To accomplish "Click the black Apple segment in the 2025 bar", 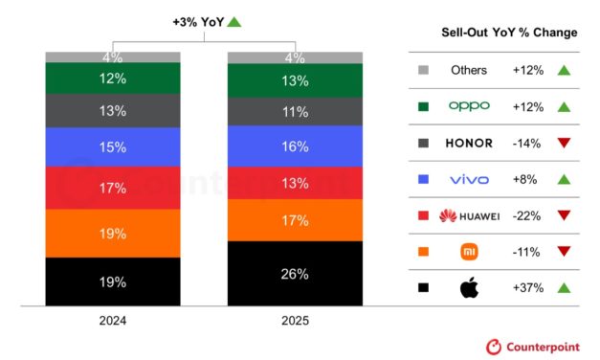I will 295,274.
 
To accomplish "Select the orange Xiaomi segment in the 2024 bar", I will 113,233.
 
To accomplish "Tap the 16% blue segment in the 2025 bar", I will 295,146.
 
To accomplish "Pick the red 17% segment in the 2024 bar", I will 113,188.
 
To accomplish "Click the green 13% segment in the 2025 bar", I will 295,80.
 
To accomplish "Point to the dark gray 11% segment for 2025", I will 295,111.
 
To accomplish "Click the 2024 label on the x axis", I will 113,321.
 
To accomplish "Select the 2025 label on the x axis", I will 295,321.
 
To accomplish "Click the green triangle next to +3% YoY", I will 234,21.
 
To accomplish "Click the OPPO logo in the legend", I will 469,106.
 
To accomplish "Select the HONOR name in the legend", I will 469,143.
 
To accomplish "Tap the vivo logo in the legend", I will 469,179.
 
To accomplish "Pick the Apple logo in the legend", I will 469,286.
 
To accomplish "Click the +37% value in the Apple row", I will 528,287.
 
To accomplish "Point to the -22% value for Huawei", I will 528,215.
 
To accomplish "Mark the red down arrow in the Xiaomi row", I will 564,252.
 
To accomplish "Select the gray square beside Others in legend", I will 424,70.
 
